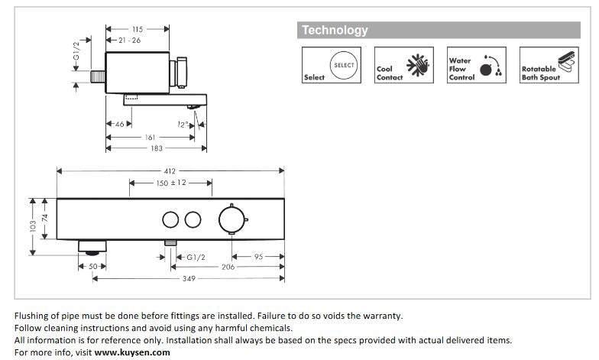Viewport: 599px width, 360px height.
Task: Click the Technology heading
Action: pyautogui.click(x=335, y=31)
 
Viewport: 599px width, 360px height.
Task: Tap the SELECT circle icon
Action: pyautogui.click(x=344, y=66)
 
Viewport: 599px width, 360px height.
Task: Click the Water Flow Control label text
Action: pyautogui.click(x=461, y=69)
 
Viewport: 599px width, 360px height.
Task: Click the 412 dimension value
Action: pyautogui.click(x=170, y=171)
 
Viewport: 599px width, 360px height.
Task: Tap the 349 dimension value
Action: pyautogui.click(x=188, y=279)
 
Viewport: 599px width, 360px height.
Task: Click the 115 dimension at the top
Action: pyautogui.click(x=138, y=29)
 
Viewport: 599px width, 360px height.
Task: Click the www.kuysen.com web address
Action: pyautogui.click(x=132, y=352)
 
